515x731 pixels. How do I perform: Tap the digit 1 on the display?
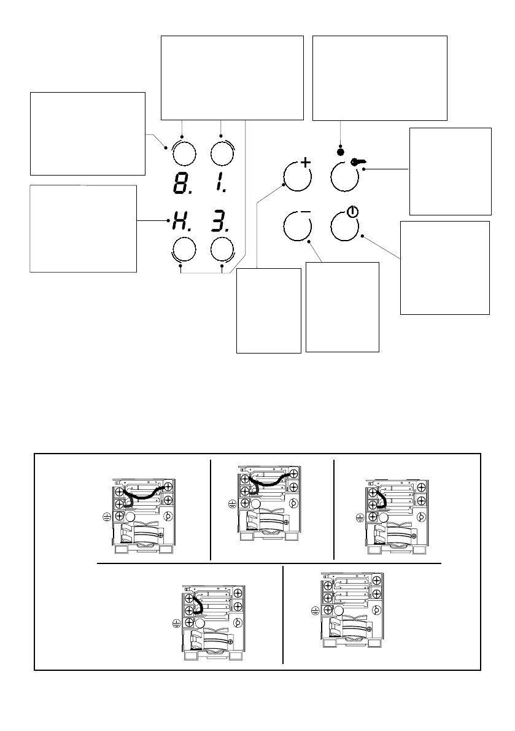tap(221, 184)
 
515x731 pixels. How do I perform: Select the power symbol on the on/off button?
tap(351, 212)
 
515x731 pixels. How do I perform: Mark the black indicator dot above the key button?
tap(340, 151)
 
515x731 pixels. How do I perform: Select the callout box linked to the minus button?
tap(342, 306)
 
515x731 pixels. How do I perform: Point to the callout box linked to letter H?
tap(83, 228)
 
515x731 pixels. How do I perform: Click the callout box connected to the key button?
tap(450, 171)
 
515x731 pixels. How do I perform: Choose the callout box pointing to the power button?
tap(444, 268)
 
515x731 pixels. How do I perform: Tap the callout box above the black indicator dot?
tap(380, 77)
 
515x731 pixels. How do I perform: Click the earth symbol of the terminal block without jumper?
tap(316, 611)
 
